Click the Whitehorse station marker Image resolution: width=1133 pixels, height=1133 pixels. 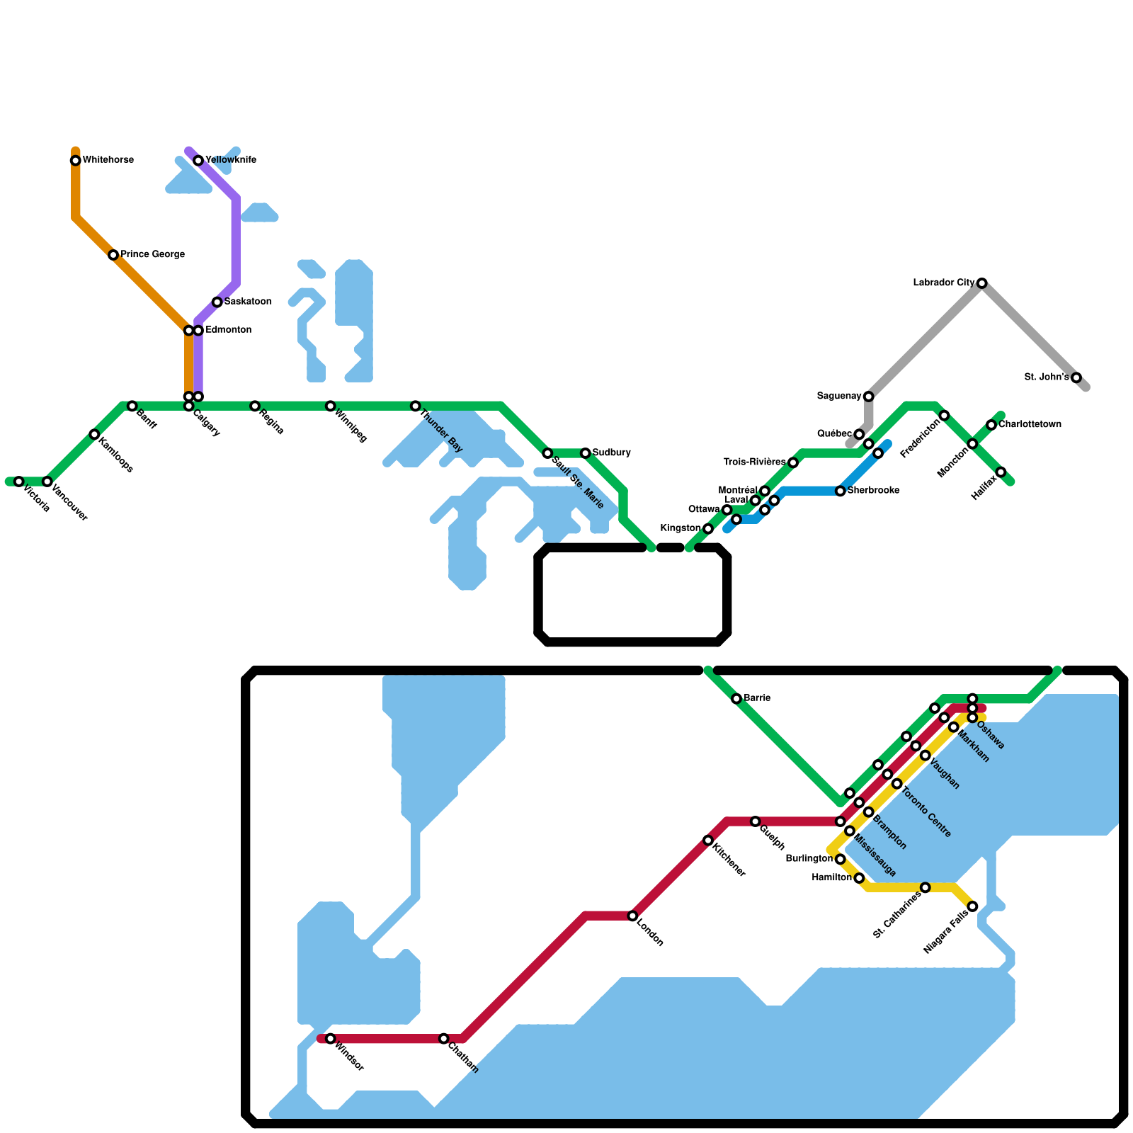coord(75,161)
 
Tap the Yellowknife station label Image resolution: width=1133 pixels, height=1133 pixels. coord(231,160)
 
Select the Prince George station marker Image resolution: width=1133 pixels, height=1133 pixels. coord(113,255)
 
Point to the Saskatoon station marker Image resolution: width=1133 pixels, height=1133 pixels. coord(217,302)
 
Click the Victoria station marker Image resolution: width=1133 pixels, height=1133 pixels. coord(19,482)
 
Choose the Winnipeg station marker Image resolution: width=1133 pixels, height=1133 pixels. coord(331,406)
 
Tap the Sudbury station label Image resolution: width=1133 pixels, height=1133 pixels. coord(612,452)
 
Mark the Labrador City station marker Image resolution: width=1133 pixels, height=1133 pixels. coord(982,283)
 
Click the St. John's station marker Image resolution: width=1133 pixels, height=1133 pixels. coord(1076,377)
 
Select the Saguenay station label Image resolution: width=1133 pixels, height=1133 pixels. coord(838,396)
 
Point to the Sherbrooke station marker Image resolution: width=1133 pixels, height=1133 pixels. coord(841,491)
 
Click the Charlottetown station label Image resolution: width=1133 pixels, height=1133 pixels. coord(1030,425)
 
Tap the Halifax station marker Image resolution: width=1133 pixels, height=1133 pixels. coord(1001,472)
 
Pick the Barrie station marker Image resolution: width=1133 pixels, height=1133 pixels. coord(736,699)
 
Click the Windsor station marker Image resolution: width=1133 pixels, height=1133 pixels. coord(331,1039)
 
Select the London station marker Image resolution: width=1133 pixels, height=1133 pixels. coord(633,916)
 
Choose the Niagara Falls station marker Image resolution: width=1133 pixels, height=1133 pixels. coord(973,906)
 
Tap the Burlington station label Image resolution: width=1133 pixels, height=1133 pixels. coord(809,859)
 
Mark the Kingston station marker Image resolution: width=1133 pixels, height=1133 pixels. coord(708,528)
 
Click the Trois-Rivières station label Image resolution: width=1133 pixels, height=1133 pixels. coord(754,462)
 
